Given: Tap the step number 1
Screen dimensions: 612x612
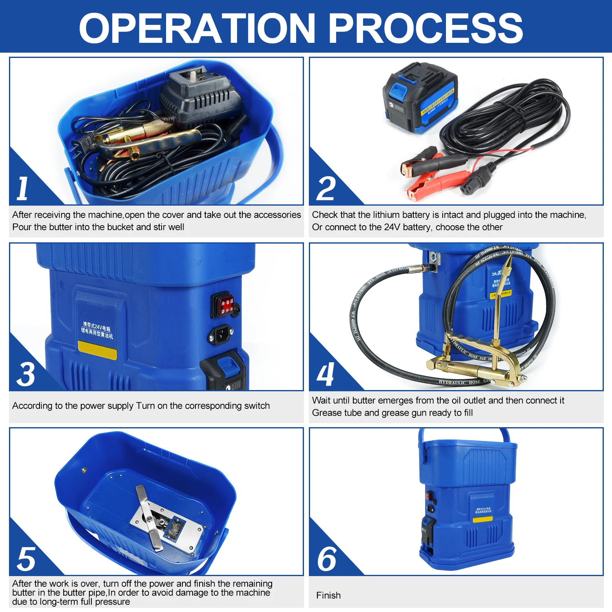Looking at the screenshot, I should click(x=23, y=188).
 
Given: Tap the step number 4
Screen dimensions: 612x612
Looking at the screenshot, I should click(x=326, y=374).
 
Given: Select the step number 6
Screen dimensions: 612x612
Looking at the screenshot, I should click(x=327, y=559).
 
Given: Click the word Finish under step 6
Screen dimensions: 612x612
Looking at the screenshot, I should click(x=328, y=595).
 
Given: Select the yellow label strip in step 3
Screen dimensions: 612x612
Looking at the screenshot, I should click(x=97, y=350).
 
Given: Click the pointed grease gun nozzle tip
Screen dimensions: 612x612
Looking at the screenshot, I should click(x=508, y=262).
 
